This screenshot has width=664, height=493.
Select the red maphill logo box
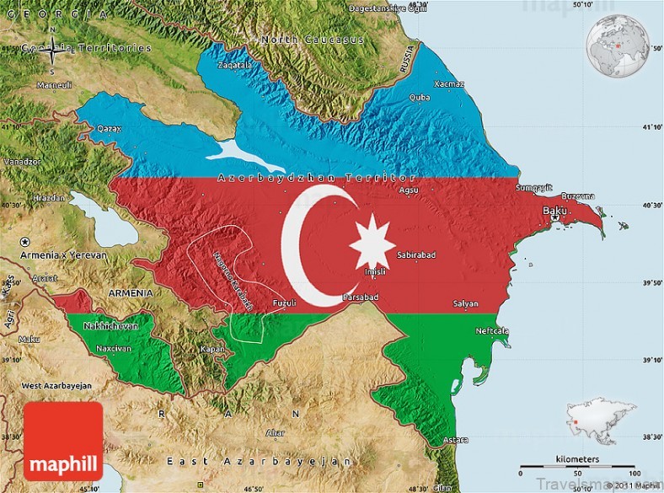[x=63, y=441]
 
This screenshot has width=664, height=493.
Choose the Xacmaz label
[x=448, y=83]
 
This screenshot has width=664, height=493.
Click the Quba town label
[x=419, y=97]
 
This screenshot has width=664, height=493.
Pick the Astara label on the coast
[x=456, y=440]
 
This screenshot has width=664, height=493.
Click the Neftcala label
[x=491, y=330]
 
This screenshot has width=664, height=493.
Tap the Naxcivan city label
[x=113, y=347]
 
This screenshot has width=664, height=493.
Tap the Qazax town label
[x=110, y=129]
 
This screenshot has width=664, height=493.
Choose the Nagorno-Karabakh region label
[x=233, y=280]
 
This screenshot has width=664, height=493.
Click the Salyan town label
[x=465, y=303]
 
